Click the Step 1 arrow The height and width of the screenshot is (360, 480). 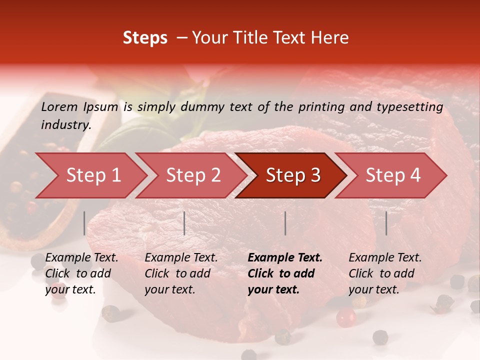93,175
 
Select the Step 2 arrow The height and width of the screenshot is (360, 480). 193,175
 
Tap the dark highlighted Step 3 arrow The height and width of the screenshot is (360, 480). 292,175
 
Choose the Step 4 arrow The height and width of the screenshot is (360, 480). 392,175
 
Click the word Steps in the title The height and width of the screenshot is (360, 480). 145,38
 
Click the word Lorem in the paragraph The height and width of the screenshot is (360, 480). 59,106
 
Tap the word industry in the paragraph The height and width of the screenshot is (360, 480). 65,125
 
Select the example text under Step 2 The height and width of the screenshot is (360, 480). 181,273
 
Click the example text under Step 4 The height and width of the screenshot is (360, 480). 385,273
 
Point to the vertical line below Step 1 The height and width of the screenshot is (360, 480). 84,223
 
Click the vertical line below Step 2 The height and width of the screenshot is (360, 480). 184,223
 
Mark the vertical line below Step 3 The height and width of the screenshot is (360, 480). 285,223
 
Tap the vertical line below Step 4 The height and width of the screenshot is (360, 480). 386,223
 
